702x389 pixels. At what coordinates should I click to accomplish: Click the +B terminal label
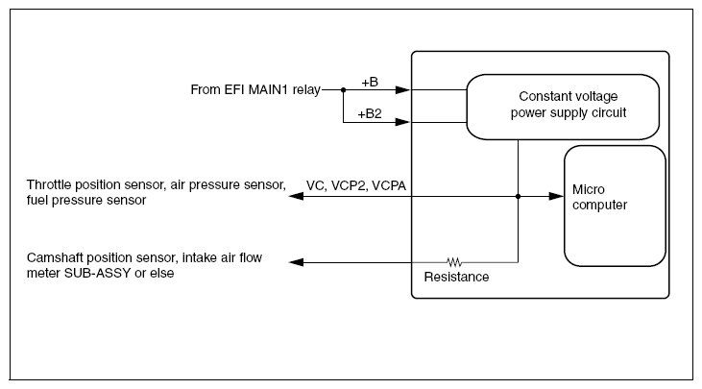pos(370,84)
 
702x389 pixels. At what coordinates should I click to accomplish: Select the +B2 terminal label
pos(370,114)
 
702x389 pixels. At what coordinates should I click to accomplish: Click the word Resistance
pos(456,278)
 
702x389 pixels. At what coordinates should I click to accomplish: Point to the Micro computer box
pos(614,206)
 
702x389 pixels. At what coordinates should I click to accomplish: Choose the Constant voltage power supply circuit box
pos(562,106)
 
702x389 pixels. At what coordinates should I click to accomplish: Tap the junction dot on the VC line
pos(518,196)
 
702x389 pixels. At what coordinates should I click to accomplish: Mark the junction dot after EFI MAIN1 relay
pos(343,91)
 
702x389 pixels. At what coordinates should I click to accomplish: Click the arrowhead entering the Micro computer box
pos(556,196)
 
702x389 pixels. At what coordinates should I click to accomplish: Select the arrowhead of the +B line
pos(403,91)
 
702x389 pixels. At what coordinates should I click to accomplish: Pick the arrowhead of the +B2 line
pos(403,123)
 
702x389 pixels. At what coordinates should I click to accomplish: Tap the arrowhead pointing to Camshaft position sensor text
pos(298,262)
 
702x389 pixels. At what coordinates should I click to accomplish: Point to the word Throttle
pos(51,183)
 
